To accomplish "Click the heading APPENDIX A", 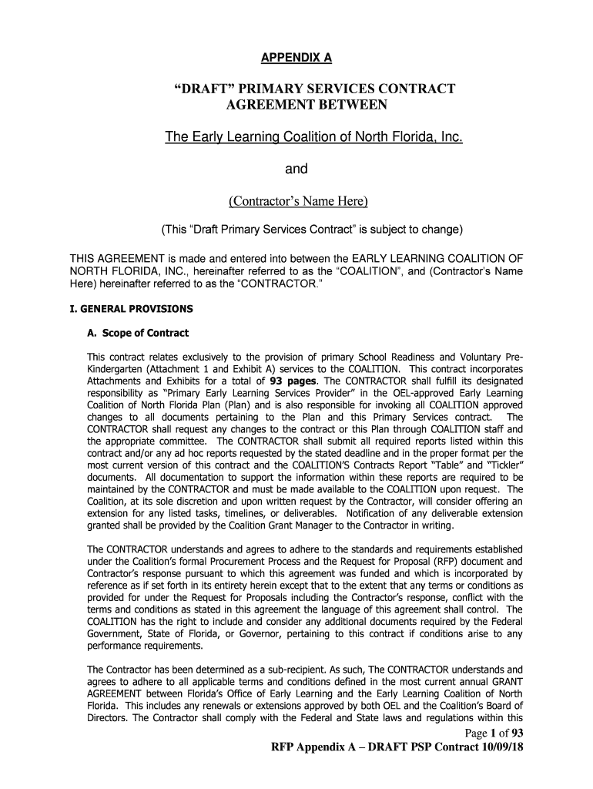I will (296, 58).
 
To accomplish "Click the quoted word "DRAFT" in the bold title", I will (204, 89).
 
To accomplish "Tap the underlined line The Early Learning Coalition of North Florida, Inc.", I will (313, 138).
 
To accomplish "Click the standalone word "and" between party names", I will (297, 170).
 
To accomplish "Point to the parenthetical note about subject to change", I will (311, 230).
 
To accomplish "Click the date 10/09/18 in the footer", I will (498, 748).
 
